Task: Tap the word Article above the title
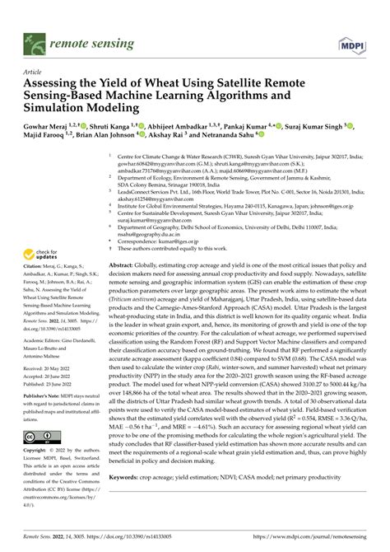[x=34, y=72]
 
